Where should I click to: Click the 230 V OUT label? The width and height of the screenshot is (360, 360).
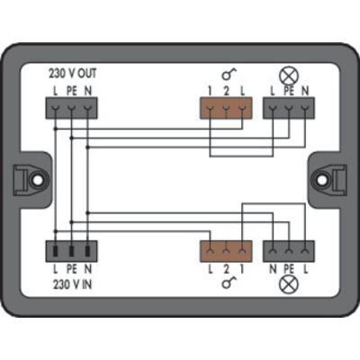pos(72,74)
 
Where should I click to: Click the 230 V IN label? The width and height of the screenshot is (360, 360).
pos(72,284)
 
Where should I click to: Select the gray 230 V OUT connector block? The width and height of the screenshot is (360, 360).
pos(71,108)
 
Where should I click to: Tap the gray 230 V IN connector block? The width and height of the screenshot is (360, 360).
pos(71,251)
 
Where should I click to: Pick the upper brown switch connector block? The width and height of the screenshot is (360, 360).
pos(226,108)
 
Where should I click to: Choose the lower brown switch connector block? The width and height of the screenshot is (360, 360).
pos(226,251)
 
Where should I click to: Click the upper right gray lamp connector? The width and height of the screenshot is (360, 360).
pos(289,108)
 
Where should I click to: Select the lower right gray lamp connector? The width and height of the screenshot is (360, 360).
pos(289,251)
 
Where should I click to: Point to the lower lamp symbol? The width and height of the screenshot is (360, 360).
pos(289,284)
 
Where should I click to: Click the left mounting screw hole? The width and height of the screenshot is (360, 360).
pos(38,180)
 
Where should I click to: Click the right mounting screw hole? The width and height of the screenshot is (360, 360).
pos(321,180)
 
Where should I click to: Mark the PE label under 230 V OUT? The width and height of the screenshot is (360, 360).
pos(71,91)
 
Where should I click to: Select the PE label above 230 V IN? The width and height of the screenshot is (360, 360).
pos(71,269)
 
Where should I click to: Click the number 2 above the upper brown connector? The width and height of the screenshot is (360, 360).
pos(226,91)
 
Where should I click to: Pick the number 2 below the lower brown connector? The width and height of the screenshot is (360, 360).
pos(226,269)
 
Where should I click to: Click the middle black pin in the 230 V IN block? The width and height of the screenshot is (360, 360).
pos(71,251)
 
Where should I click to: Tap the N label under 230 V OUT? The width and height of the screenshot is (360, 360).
pos(87,91)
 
